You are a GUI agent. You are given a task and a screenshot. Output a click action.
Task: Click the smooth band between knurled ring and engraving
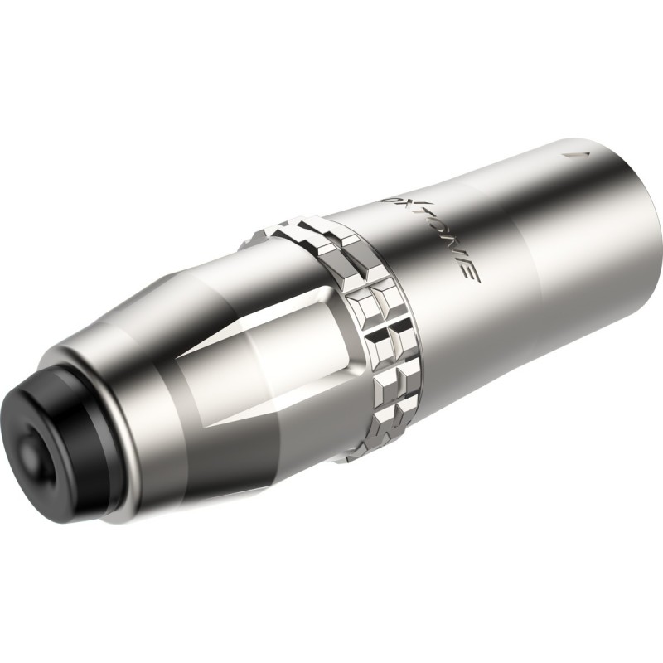click(390, 273)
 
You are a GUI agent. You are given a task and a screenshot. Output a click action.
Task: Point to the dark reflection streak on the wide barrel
click(497, 331)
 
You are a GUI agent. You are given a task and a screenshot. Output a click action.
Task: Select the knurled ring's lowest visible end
click(348, 452)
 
